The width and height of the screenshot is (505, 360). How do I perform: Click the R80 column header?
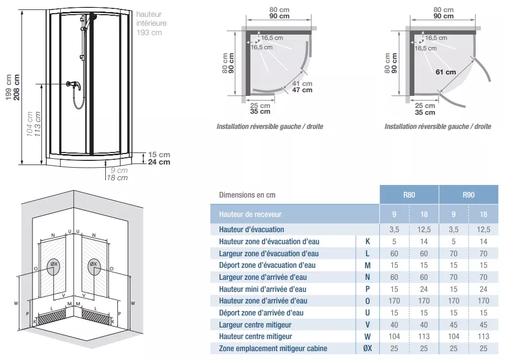409,195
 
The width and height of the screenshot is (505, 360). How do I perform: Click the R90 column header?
468,195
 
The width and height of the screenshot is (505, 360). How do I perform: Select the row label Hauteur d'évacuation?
251,230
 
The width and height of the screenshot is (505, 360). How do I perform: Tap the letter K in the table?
367,242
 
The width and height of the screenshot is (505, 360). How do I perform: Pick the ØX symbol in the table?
367,348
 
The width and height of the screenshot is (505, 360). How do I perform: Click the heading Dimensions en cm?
247,195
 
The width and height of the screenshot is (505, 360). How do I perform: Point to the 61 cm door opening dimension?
445,72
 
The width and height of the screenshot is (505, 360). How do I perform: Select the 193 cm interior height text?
149,32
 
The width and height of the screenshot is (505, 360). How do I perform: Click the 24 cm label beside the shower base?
159,162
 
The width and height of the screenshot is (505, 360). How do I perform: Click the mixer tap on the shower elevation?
71,84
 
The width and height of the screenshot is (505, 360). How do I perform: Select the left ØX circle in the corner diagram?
53,266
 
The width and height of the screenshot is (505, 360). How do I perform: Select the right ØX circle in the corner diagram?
94,266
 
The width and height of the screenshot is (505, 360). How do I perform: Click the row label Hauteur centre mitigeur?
256,336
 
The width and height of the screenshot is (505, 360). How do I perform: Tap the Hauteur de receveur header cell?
250,214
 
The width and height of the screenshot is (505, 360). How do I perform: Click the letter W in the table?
367,336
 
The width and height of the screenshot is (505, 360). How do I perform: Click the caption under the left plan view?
270,127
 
